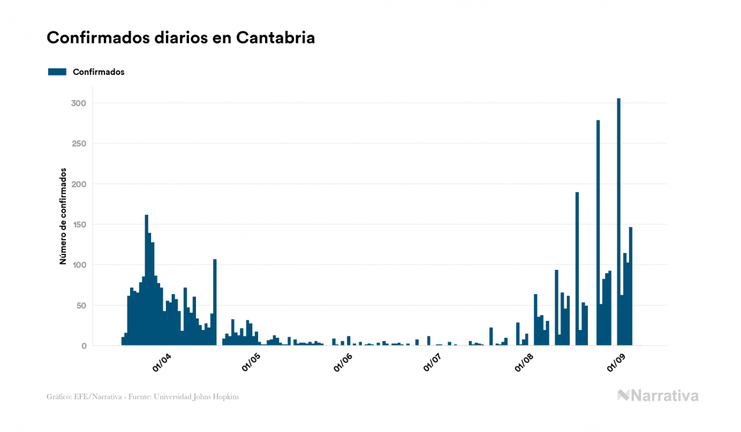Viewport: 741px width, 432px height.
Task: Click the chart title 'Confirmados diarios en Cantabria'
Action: click(x=181, y=38)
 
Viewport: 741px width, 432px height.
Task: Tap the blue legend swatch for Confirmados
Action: click(x=57, y=72)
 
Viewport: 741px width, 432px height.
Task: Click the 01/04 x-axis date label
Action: click(x=161, y=363)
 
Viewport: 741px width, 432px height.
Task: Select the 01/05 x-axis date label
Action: click(x=251, y=363)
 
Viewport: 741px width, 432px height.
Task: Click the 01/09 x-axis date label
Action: click(x=615, y=363)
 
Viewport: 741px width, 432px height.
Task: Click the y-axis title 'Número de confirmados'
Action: click(x=63, y=216)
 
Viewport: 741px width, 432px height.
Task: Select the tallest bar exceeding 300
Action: click(x=619, y=222)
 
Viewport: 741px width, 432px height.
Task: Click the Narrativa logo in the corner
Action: click(x=658, y=395)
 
